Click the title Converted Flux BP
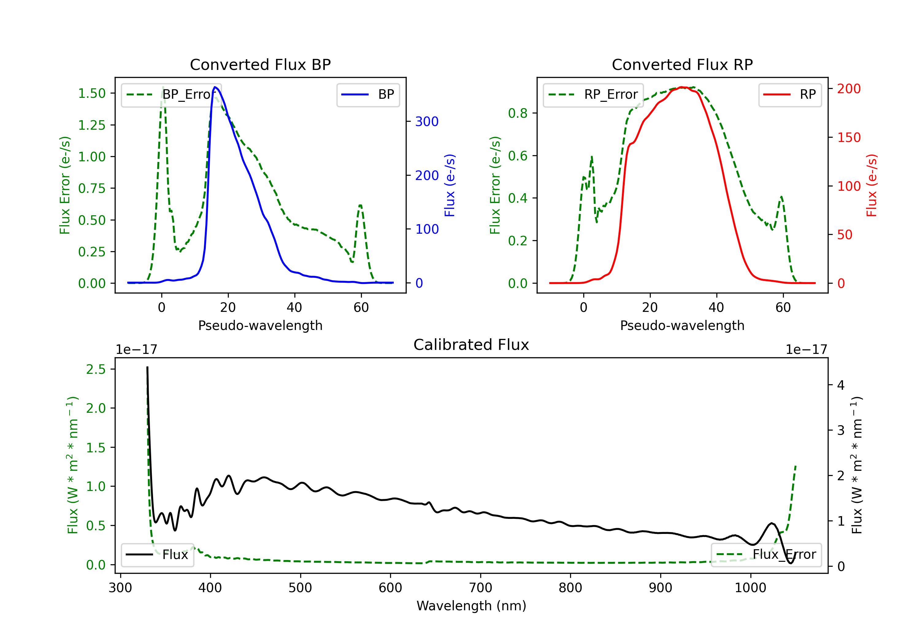[260, 64]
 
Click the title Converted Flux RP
[682, 64]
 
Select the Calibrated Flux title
[471, 345]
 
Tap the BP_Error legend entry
[171, 94]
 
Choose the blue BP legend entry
[368, 94]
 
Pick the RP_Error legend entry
[593, 94]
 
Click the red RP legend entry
[790, 94]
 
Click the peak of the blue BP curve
[215, 87]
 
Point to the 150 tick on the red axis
[849, 137]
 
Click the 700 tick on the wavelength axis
[481, 588]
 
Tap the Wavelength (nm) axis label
[471, 606]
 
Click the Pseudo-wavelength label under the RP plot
[682, 325]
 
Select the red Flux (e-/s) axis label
[872, 185]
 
